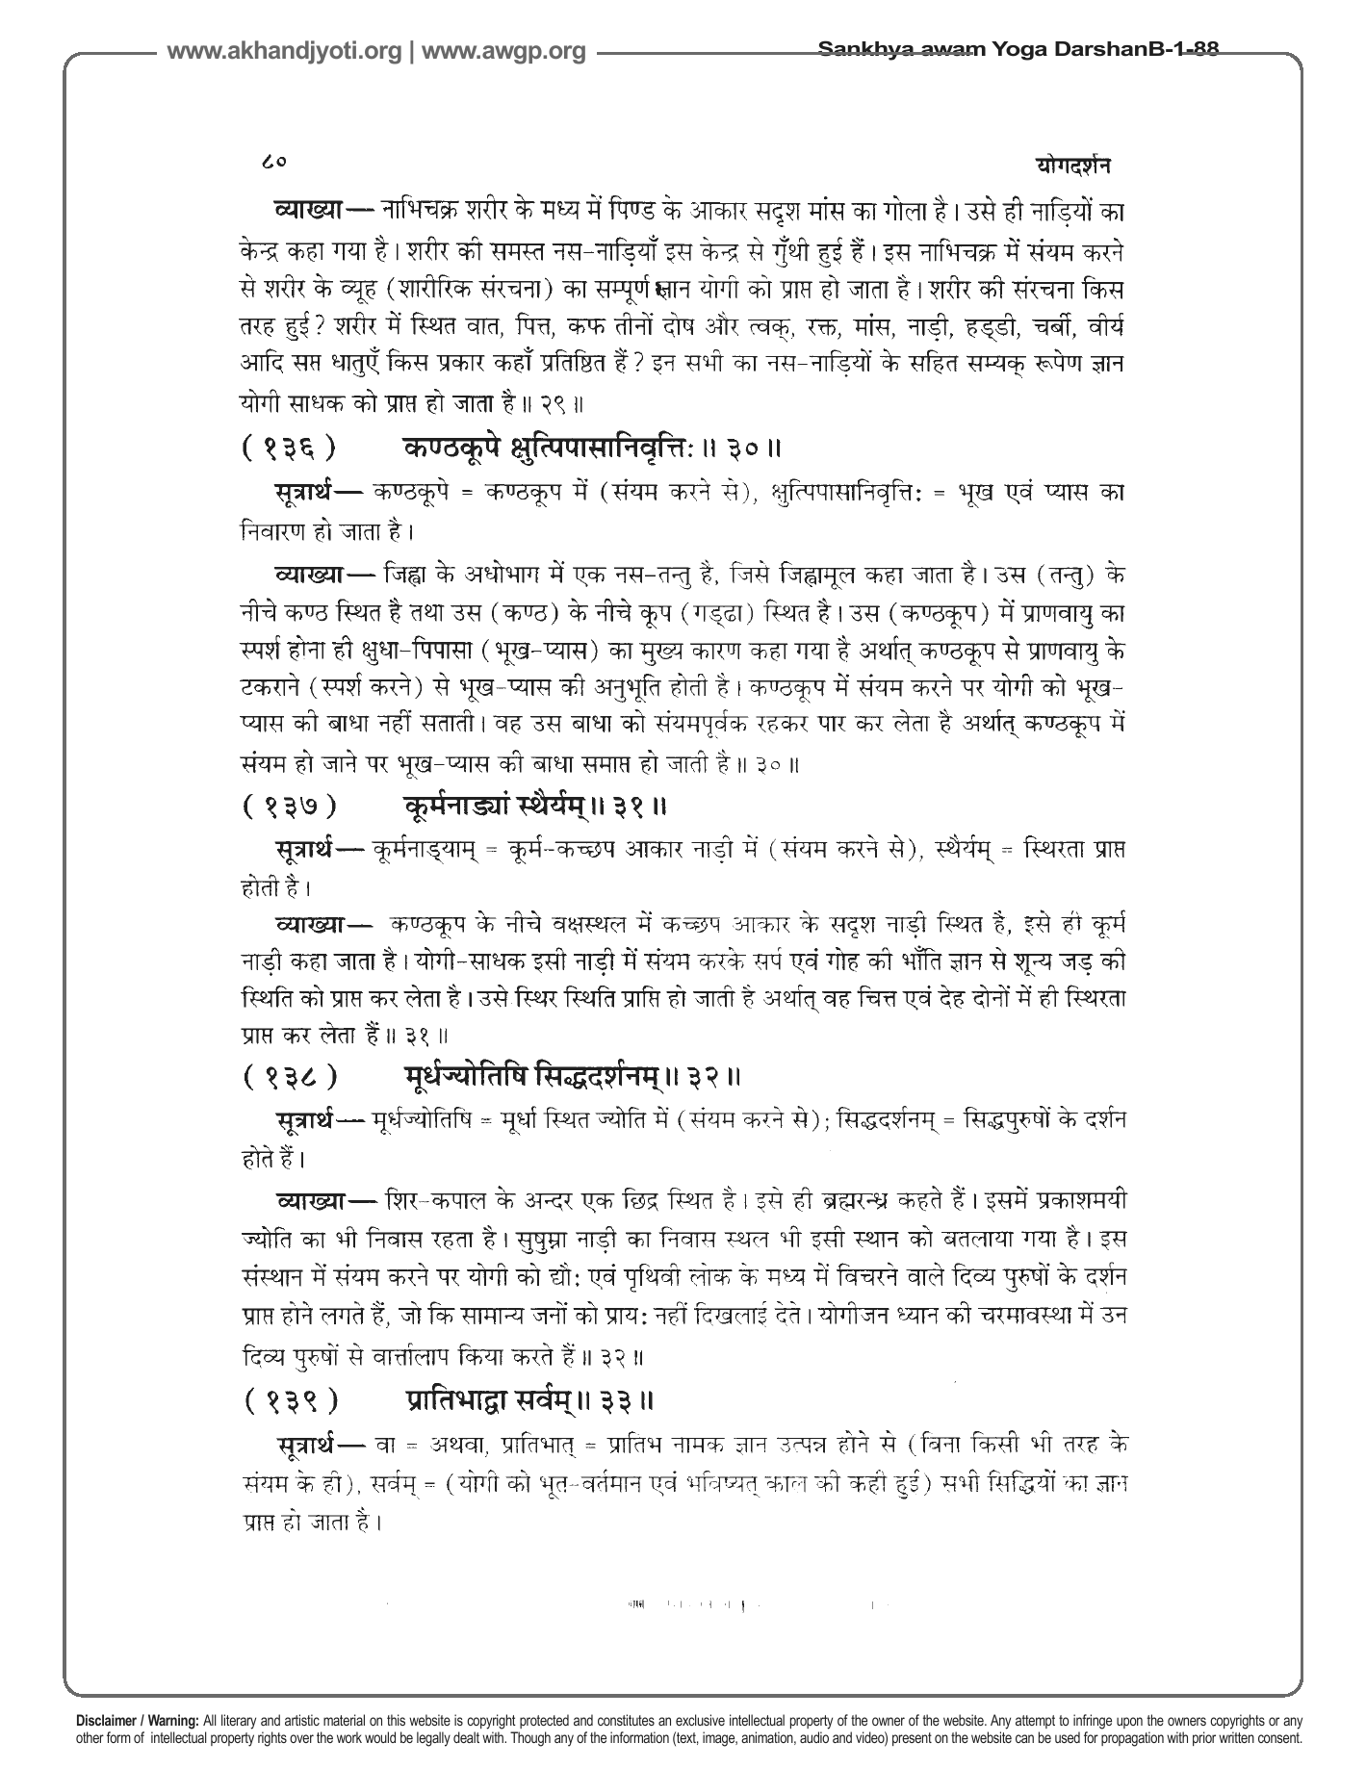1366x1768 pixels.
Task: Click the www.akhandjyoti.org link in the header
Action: pos(284,52)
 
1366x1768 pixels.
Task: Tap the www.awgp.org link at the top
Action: pos(503,52)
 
